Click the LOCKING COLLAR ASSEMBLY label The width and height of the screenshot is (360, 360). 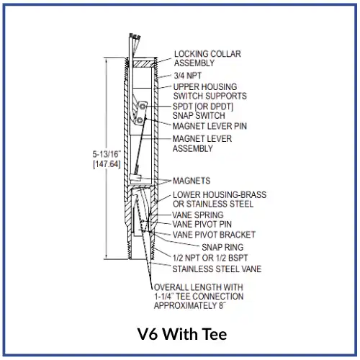coord(207,58)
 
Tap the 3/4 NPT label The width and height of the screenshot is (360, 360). coord(188,76)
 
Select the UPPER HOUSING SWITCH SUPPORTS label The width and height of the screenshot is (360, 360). coord(210,91)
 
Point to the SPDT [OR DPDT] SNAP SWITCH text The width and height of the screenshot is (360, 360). coord(203,111)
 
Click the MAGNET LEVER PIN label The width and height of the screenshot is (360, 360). coord(210,126)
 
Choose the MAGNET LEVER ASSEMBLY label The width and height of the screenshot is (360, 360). coord(202,143)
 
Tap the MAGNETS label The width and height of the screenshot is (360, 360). coord(192,181)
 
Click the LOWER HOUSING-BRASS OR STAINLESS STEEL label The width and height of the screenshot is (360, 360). coord(220,199)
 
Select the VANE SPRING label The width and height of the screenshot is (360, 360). coord(198,215)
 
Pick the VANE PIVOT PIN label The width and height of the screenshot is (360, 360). coord(202,225)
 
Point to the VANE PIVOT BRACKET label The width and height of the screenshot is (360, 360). coord(214,235)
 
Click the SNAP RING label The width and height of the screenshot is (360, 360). coord(222,247)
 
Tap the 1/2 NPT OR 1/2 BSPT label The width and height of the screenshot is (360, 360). coord(210,258)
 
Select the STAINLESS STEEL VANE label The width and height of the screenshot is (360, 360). coord(217,269)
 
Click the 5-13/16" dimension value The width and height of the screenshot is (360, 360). coord(107,154)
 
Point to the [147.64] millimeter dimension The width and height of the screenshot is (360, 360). coord(107,164)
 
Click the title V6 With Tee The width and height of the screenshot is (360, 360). coord(182,334)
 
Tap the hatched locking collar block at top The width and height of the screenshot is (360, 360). coord(142,64)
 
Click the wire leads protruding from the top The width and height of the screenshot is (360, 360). coord(134,45)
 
